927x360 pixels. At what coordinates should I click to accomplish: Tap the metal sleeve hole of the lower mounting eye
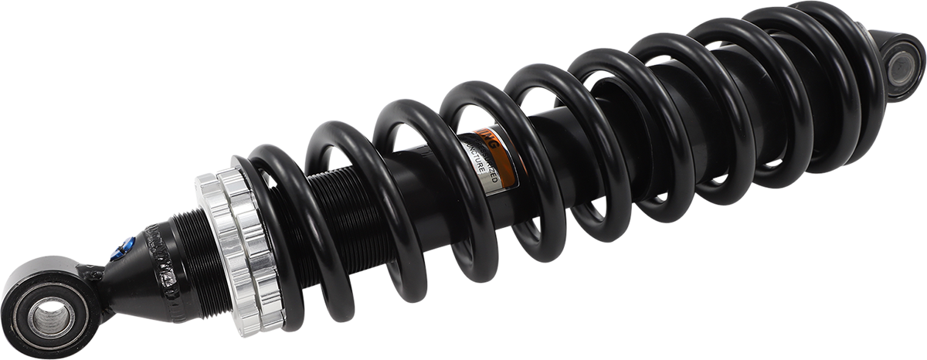51,317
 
